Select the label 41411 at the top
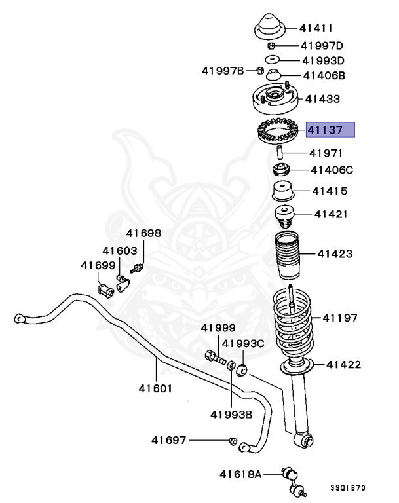[316, 28]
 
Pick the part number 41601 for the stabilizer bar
[155, 388]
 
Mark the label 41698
[143, 233]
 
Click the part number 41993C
[242, 343]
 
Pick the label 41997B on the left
[222, 71]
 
